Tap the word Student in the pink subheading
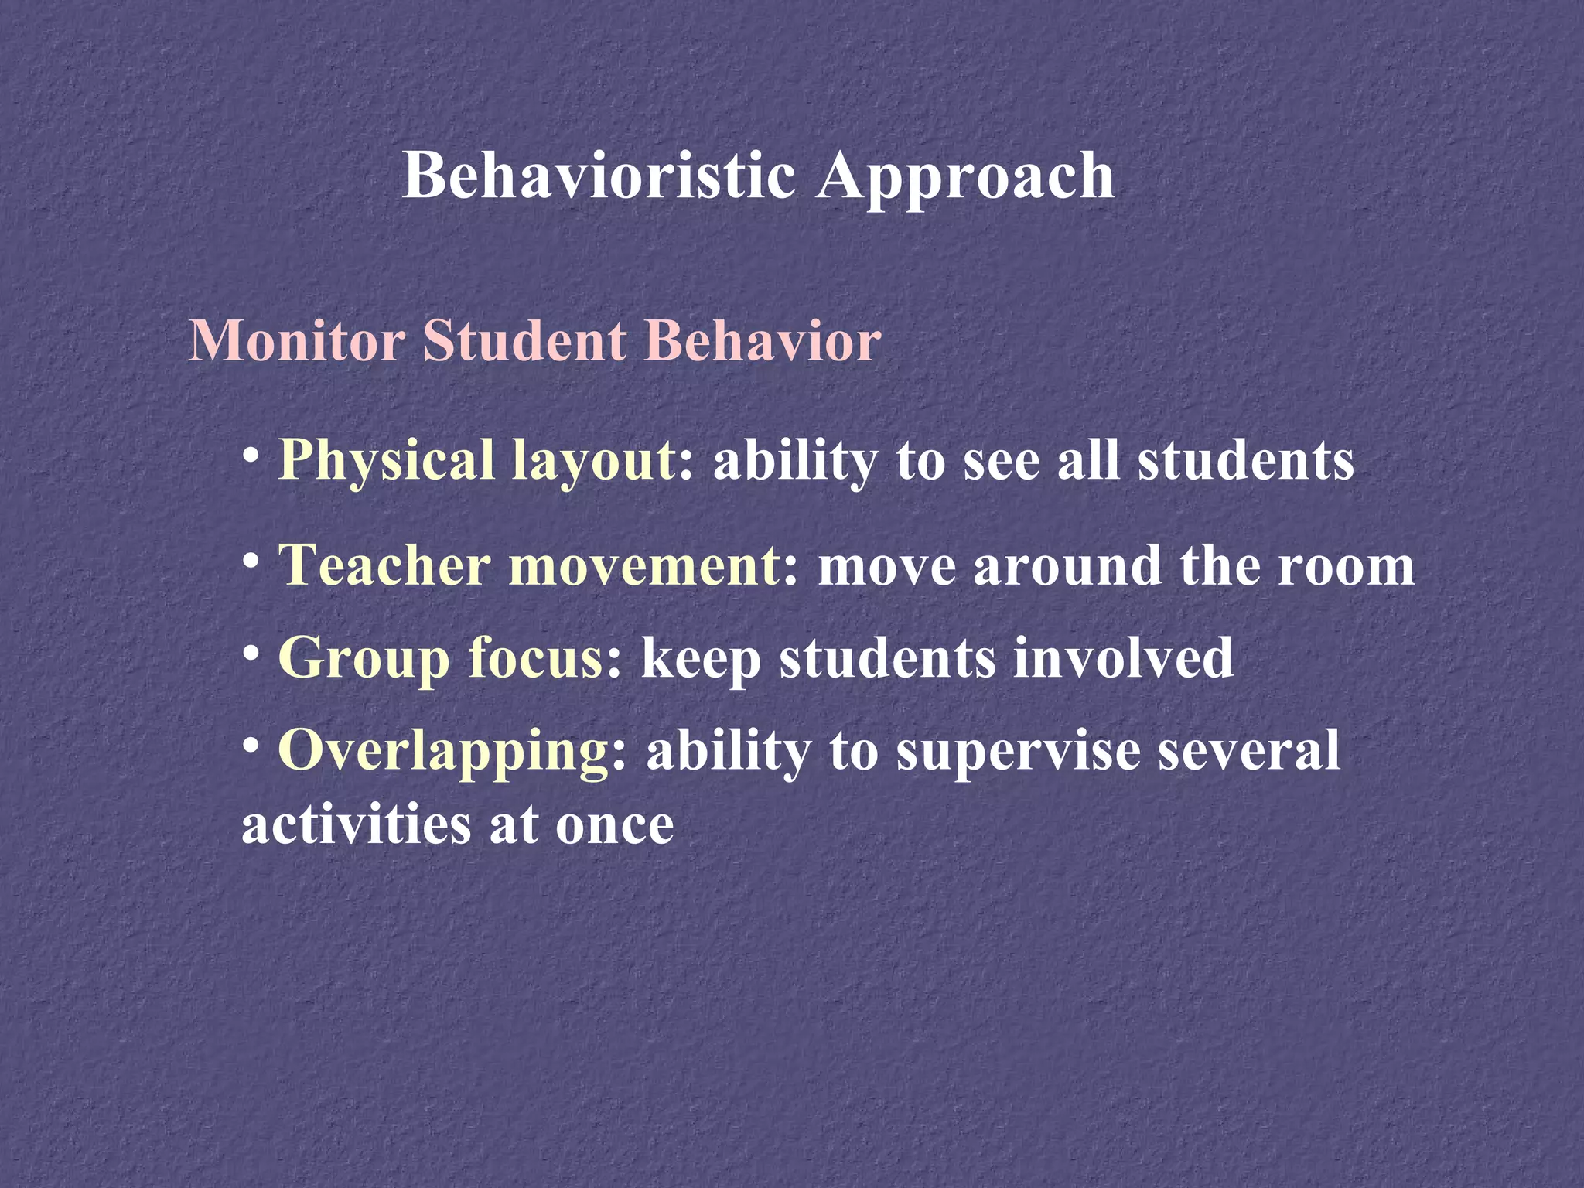(x=524, y=341)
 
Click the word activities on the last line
(x=356, y=825)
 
